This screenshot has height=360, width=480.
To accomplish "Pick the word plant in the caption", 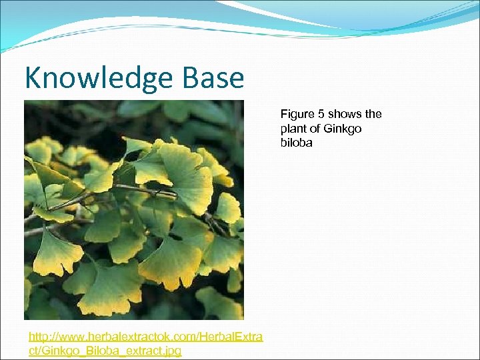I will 293,128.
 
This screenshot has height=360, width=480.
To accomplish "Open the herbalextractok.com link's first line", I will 145,337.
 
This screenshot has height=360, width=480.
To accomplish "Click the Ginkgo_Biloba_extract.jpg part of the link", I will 105,350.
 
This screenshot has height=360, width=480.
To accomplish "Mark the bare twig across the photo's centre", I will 133,193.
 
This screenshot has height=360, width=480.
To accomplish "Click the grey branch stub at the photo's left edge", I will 33,230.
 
